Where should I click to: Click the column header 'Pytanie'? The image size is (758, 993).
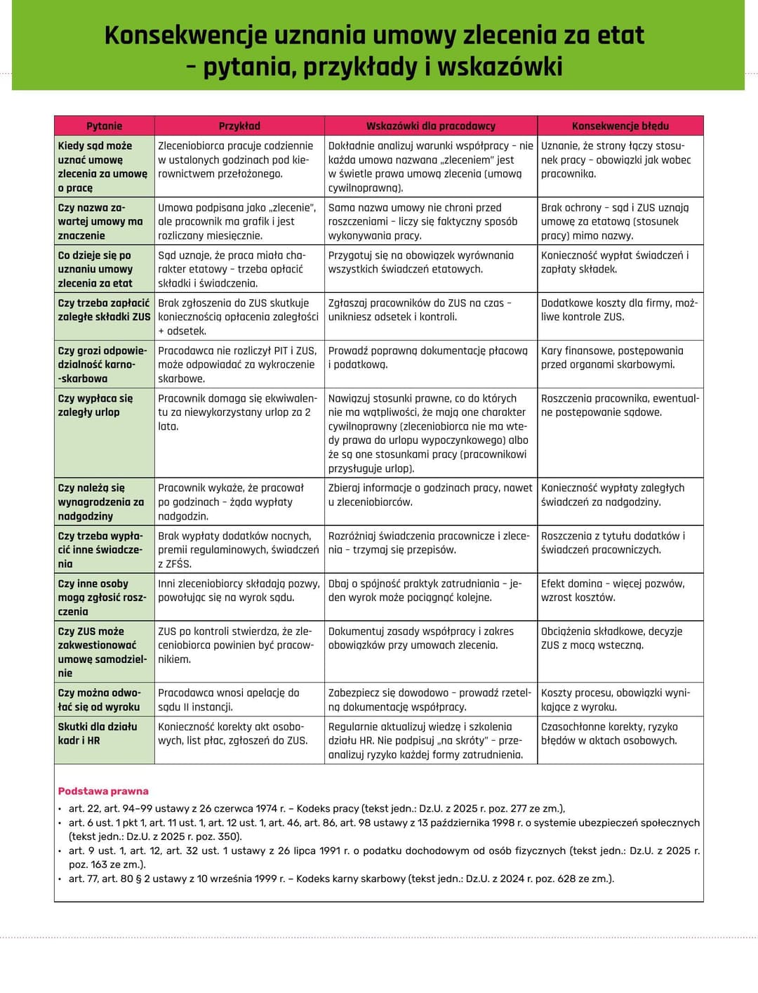[x=104, y=126]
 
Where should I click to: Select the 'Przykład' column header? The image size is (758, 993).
[x=239, y=126]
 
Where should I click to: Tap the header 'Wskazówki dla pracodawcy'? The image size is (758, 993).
[x=430, y=126]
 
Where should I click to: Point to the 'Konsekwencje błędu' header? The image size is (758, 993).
[x=620, y=126]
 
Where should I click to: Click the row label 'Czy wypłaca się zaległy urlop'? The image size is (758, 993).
[x=95, y=405]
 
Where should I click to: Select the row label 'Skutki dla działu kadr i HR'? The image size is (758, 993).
[x=98, y=733]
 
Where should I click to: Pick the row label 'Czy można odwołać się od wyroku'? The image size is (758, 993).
[x=99, y=699]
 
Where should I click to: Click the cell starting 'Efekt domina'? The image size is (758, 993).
[x=613, y=590]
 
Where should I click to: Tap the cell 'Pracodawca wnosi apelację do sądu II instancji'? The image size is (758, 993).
[x=229, y=699]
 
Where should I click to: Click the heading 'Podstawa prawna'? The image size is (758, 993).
[x=103, y=791]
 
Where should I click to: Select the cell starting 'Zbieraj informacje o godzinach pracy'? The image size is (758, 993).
[x=430, y=494]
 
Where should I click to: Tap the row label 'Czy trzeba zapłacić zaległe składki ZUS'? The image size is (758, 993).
[x=104, y=310]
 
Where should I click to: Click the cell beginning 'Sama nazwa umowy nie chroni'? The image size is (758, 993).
[x=423, y=221]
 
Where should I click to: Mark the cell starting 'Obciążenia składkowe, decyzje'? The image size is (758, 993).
[x=611, y=638]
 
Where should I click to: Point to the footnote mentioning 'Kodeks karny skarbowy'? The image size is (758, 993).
[x=341, y=879]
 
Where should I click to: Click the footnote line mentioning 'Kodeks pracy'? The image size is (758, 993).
[x=317, y=808]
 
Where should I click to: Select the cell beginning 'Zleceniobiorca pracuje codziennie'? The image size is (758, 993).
[x=236, y=159]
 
